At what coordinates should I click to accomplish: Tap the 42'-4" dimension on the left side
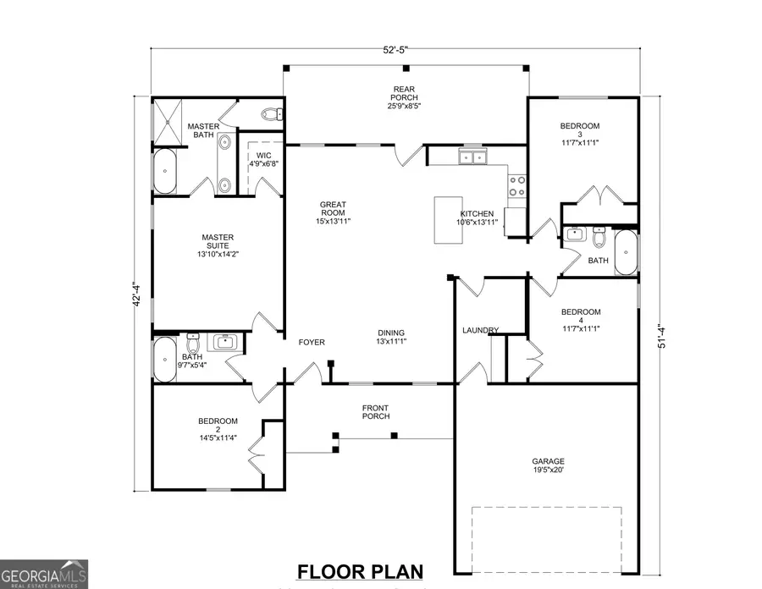pos(135,295)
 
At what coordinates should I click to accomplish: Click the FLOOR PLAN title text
pos(359,571)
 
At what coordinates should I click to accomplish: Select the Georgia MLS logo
pos(44,573)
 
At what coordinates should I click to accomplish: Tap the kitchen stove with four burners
pos(516,184)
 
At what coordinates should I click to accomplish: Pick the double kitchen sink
pos(471,157)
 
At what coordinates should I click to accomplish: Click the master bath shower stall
pos(166,123)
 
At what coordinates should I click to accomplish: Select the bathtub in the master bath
pos(165,172)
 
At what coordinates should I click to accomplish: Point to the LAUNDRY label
pos(480,330)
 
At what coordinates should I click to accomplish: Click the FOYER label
pos(312,342)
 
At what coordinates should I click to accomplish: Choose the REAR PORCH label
pos(402,98)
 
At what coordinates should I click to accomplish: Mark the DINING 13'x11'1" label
pos(390,337)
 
